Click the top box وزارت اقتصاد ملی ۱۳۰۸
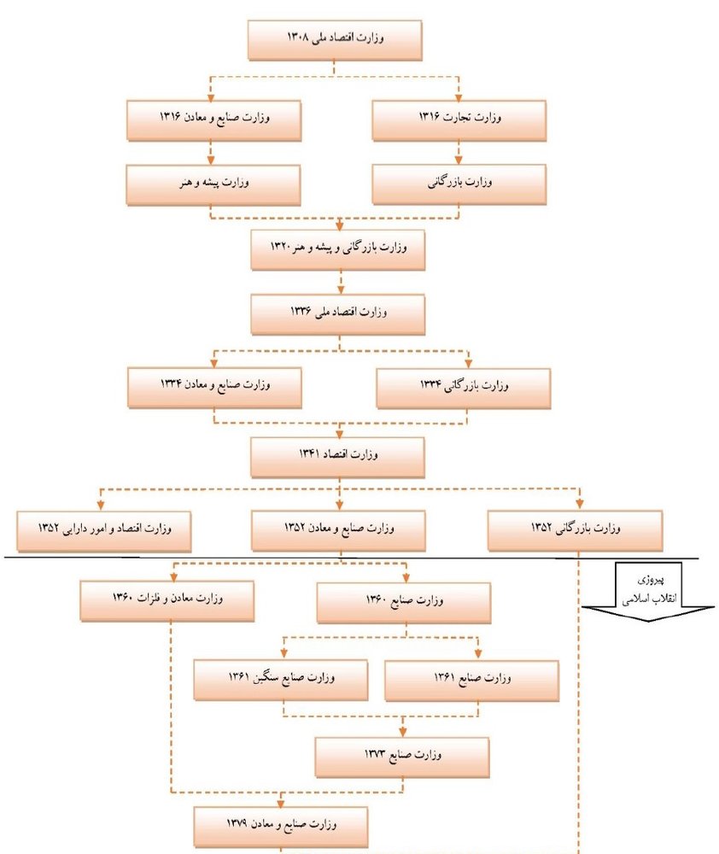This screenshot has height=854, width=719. click(335, 40)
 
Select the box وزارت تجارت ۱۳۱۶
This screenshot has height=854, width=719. click(459, 120)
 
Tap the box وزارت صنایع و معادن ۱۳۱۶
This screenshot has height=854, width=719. click(214, 120)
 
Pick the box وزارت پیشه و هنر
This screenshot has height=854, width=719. click(213, 185)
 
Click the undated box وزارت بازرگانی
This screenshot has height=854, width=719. click(459, 185)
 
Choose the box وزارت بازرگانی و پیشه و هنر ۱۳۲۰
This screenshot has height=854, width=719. click(337, 250)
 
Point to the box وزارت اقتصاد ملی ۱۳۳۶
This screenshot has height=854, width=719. click(337, 315)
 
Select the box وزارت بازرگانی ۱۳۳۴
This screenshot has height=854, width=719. click(464, 389)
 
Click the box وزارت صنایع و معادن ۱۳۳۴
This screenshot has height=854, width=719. click(214, 388)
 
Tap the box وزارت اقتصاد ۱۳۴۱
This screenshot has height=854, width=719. click(337, 458)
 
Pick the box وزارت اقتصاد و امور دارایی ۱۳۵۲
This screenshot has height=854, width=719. click(104, 531)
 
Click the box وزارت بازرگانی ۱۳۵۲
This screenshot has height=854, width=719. click(576, 531)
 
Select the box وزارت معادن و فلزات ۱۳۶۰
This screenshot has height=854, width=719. click(167, 601)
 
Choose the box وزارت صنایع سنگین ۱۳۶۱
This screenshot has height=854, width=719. click(281, 681)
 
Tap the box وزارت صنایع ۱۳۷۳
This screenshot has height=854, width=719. click(402, 757)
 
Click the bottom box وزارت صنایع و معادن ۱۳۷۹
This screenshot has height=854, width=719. click(281, 827)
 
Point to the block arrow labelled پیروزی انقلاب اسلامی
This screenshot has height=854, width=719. click(648, 592)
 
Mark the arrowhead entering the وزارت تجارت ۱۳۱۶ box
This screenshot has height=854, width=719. click(459, 97)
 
